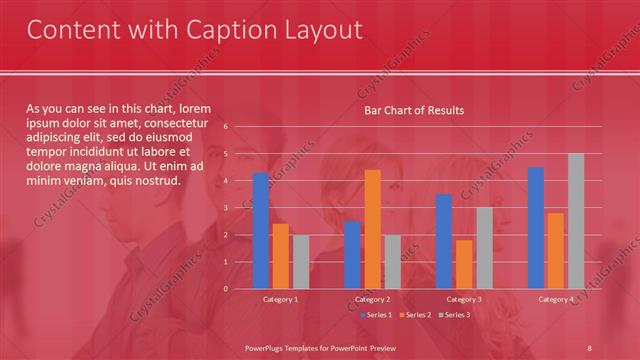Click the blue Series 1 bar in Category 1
[261, 231]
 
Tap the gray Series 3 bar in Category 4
[575, 221]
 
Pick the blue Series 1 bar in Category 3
[444, 241]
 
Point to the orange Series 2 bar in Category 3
[464, 264]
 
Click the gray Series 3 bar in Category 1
[301, 262]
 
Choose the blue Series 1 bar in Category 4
[536, 228]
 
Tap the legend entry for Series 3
[452, 315]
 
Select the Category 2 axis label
[372, 300]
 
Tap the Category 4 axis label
[556, 300]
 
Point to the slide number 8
[590, 347]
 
